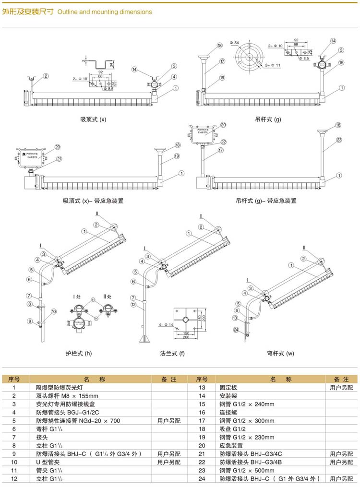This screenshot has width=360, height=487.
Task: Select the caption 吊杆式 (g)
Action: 268,119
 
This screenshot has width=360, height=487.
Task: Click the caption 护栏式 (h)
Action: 78,354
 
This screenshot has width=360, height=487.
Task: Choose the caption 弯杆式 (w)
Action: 280,354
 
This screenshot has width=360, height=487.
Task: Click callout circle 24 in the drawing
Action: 236,329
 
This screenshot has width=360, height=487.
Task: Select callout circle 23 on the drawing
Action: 339,140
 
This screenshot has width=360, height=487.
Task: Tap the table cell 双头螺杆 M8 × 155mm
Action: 67,396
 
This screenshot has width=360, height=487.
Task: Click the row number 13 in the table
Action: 202,387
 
